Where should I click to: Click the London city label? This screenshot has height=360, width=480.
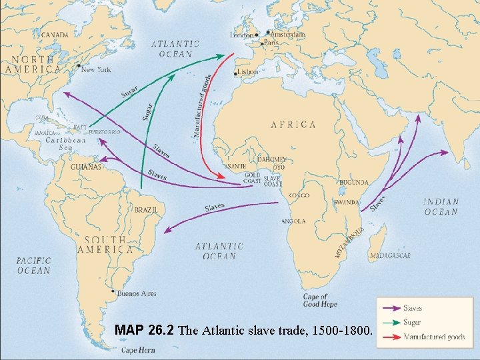click(242, 35)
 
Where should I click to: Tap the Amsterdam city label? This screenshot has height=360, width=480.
click(289, 34)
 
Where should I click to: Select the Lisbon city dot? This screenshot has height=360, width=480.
click(235, 73)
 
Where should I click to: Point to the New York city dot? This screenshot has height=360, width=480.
click(79, 65)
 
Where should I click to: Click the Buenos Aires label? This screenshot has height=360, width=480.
click(136, 293)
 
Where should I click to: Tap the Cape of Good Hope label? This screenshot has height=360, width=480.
click(320, 301)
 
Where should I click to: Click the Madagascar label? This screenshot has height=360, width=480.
click(389, 255)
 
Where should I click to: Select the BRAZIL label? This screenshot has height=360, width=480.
click(146, 209)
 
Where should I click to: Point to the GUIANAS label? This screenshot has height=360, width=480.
click(86, 167)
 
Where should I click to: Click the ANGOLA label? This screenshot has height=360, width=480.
click(293, 221)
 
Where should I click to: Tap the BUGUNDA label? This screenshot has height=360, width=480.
click(353, 182)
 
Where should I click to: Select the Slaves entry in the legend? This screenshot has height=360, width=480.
click(413, 309)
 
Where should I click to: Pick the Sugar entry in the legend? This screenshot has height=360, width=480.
click(412, 322)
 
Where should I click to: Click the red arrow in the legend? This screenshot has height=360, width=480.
click(389, 337)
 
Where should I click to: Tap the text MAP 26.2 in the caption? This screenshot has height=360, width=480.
click(144, 329)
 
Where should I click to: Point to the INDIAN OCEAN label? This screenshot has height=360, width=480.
click(441, 207)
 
